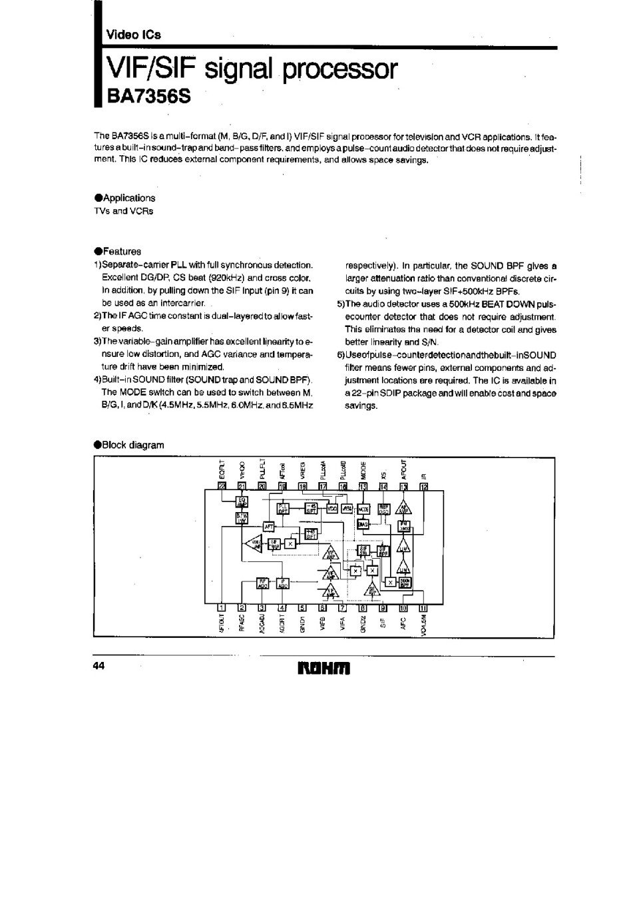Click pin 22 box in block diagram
[x=222, y=487]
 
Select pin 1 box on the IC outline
[x=222, y=607]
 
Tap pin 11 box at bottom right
[x=423, y=607]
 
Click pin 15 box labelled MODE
[x=363, y=487]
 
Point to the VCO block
[x=332, y=507]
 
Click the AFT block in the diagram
[x=269, y=526]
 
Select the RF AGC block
[x=263, y=583]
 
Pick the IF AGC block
[x=283, y=583]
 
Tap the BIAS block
[x=363, y=524]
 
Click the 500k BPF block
[x=404, y=583]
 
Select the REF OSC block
[x=383, y=508]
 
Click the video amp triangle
[x=254, y=544]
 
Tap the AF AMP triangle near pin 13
[x=403, y=507]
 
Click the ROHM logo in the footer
[x=322, y=668]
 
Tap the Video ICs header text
[x=134, y=35]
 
